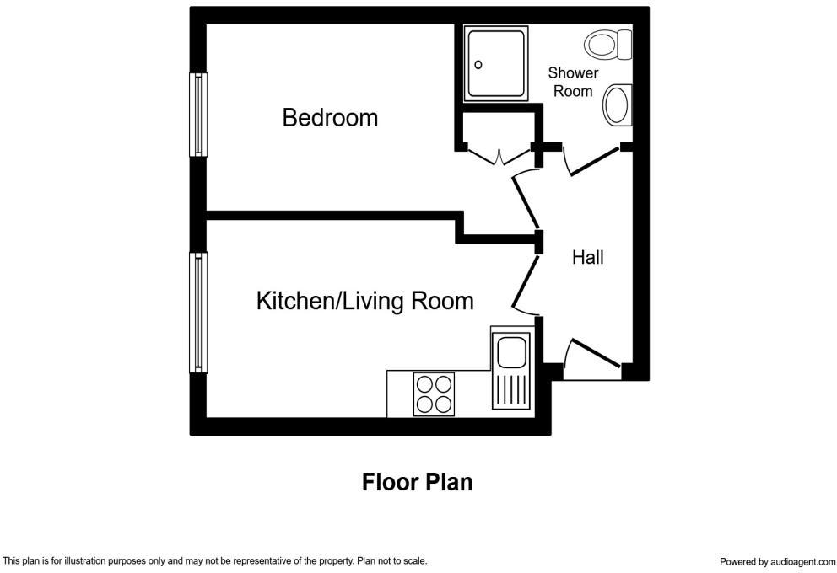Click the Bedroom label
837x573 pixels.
pos(330,118)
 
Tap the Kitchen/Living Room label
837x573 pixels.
pos(364,301)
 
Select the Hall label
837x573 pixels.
pos(587,258)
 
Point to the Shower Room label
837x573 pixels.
pos(573,82)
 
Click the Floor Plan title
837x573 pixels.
pos(417,483)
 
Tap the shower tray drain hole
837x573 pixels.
pos(478,65)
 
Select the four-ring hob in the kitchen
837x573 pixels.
pos(435,394)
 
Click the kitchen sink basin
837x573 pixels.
pos(511,352)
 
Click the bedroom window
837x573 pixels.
pos(199,115)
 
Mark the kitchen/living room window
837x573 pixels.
pos(199,313)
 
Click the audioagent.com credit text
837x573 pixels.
pos(776,561)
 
